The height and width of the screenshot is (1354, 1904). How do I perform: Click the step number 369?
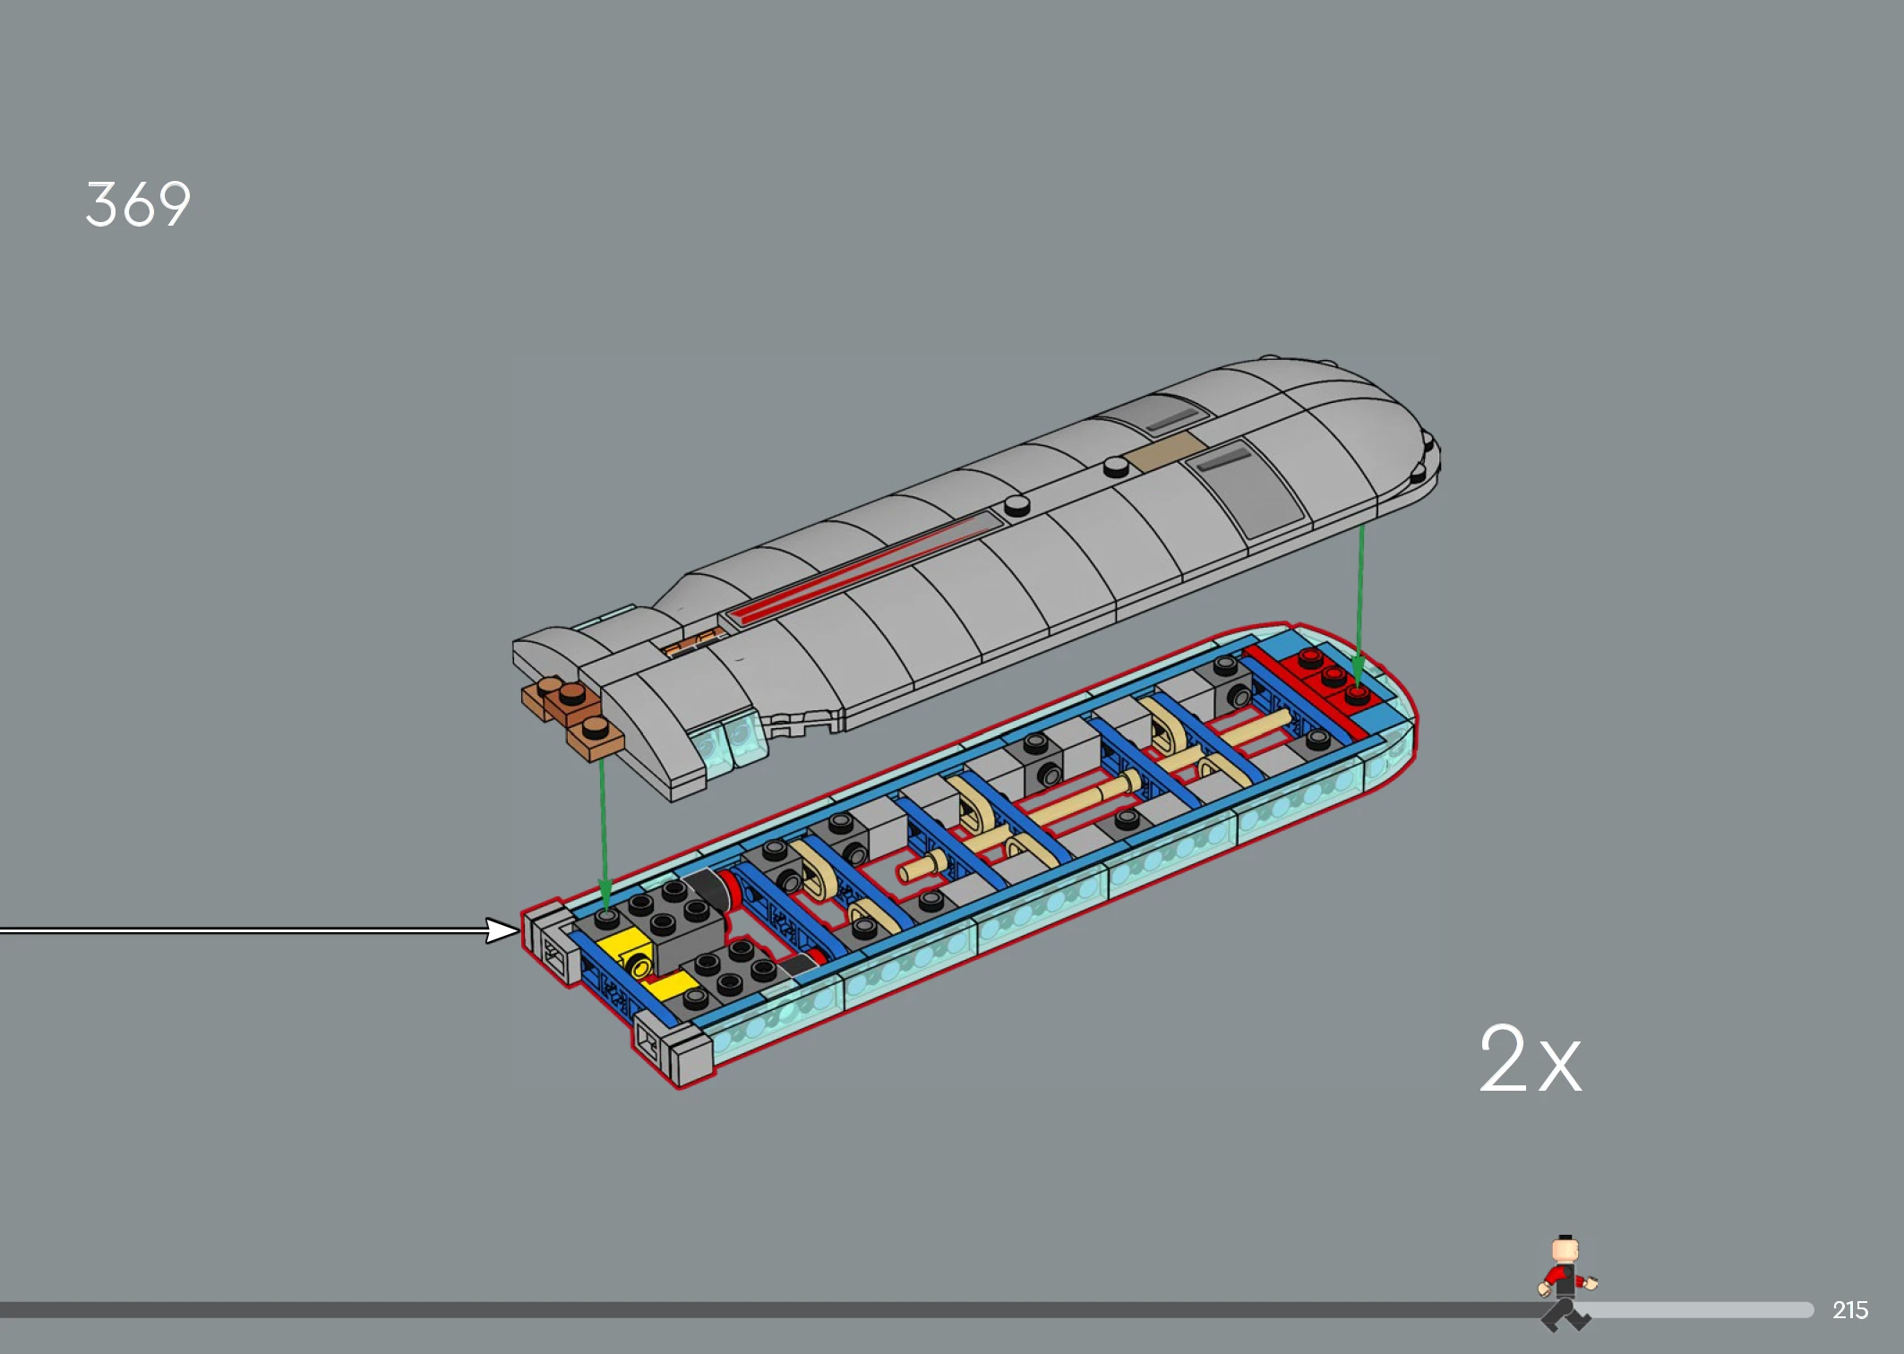138,204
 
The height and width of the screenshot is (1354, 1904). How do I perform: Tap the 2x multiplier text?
1530,1058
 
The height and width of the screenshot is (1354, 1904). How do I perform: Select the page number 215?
1849,1310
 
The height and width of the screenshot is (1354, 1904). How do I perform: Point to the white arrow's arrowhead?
502,930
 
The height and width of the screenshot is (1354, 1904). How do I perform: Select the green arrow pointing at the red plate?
1359,605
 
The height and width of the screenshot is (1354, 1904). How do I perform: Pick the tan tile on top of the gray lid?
1165,450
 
